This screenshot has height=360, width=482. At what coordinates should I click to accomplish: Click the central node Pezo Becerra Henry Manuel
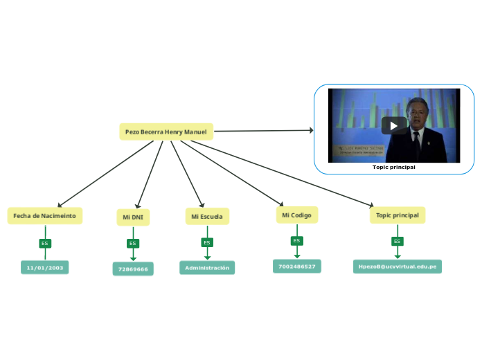click(166, 132)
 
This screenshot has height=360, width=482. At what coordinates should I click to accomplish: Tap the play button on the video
click(394, 125)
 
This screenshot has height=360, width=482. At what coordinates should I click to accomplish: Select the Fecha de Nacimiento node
click(45, 215)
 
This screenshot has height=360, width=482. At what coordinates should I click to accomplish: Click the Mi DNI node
click(132, 217)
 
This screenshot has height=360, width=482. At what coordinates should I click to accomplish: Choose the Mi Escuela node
click(207, 217)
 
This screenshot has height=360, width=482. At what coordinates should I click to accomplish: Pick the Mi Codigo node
click(296, 215)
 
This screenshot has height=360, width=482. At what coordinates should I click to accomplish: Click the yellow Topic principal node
click(398, 215)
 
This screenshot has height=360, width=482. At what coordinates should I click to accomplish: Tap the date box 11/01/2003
click(45, 267)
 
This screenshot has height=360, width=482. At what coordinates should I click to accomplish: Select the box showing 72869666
click(133, 269)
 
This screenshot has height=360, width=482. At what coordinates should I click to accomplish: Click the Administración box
click(207, 267)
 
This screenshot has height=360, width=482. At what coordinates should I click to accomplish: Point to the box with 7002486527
click(296, 267)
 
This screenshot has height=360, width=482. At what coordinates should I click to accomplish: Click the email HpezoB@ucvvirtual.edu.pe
click(397, 267)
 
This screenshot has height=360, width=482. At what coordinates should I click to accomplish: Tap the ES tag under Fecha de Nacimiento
click(45, 244)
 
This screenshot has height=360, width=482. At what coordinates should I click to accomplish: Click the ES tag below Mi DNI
click(132, 244)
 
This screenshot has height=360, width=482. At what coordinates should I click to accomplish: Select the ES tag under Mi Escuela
click(206, 242)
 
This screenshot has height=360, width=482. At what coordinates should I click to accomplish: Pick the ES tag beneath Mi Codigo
click(296, 241)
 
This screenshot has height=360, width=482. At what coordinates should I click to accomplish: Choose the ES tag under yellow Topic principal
click(397, 242)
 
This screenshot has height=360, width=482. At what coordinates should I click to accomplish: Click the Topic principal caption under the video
click(394, 167)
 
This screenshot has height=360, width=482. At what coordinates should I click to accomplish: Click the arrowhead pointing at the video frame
click(310, 129)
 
